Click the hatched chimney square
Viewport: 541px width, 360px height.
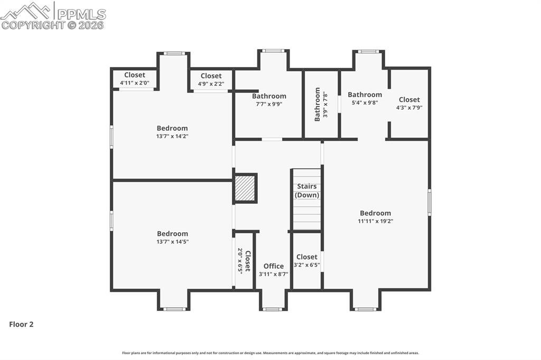[246, 188]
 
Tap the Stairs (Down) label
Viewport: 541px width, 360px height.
[307, 191]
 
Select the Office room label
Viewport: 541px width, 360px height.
[274, 266]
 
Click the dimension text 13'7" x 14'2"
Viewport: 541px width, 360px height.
[172, 136]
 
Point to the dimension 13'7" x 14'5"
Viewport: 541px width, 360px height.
[173, 242]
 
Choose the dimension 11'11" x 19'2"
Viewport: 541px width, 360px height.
[376, 221]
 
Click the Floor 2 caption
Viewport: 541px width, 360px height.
[21, 324]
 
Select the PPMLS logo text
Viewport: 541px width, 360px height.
[81, 14]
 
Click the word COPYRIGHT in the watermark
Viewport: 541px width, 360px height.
[33, 25]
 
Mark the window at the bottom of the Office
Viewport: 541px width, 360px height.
[273, 309]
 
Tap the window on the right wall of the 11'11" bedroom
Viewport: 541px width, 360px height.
[430, 202]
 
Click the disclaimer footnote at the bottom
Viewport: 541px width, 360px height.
[270, 353]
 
